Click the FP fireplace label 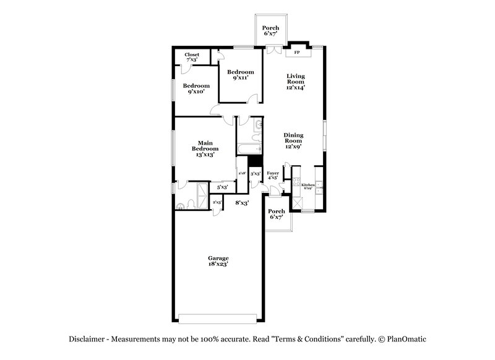point(296,53)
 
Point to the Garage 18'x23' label point(218,262)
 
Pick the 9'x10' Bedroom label point(196,89)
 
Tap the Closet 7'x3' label point(192,57)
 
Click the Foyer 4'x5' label point(272,175)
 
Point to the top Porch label point(270,31)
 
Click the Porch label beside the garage point(276,215)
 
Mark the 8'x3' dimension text point(242,202)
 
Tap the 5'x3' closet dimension point(222,187)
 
